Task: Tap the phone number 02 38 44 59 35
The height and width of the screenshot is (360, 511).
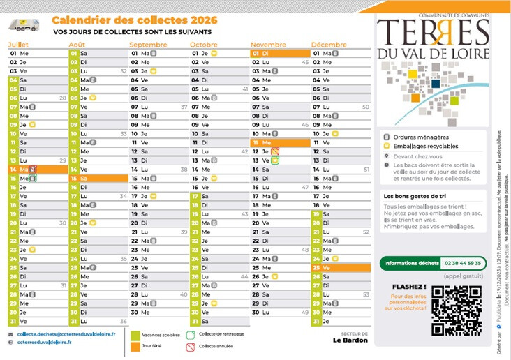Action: [463, 263]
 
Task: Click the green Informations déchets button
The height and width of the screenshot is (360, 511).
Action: [410, 263]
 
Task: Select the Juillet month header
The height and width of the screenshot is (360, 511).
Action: [19, 45]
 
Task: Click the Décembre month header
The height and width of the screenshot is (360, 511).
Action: [329, 45]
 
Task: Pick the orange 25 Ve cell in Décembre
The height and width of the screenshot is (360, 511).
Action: [341, 268]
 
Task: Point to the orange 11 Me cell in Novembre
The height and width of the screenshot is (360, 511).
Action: [279, 142]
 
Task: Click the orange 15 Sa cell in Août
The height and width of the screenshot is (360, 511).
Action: [98, 179]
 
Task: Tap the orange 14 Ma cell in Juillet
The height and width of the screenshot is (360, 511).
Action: [36, 170]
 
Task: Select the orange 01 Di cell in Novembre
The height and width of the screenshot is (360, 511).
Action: [279, 53]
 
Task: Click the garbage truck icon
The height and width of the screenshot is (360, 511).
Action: [24, 26]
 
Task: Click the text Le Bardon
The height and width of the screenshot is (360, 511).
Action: [348, 341]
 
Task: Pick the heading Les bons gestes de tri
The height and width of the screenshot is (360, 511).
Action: [413, 197]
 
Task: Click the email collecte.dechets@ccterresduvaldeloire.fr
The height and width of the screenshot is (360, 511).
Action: [66, 335]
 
